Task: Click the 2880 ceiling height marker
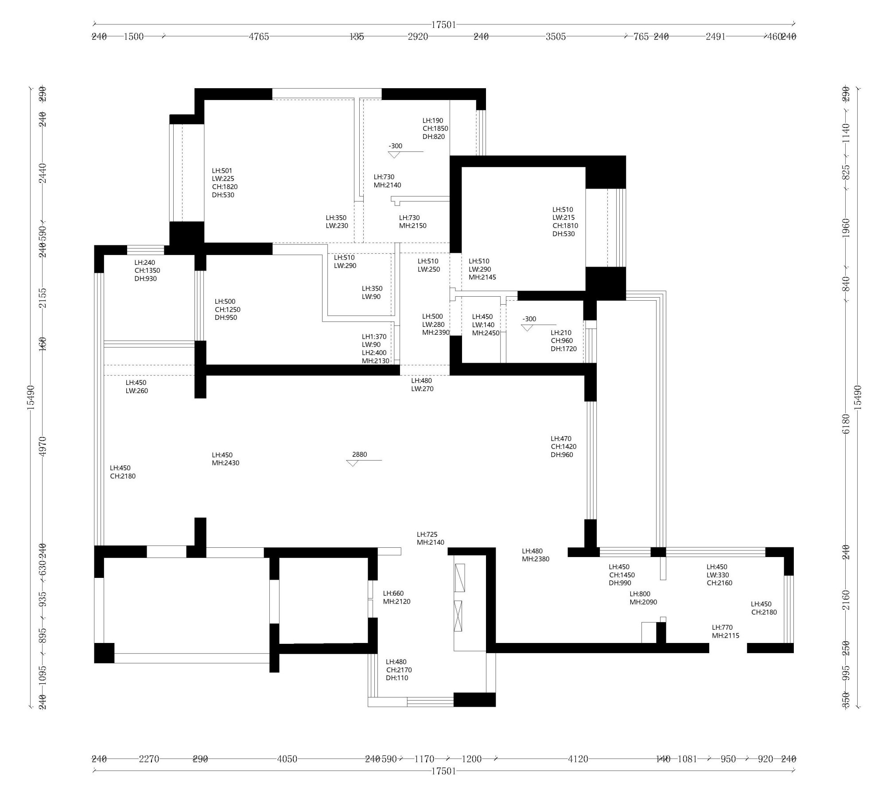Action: click(359, 455)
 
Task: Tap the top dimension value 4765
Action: click(259, 37)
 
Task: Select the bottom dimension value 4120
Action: click(578, 759)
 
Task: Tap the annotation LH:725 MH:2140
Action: click(430, 538)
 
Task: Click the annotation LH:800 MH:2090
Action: click(643, 598)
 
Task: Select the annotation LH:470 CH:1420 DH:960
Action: click(563, 446)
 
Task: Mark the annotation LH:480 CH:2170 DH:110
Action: click(399, 670)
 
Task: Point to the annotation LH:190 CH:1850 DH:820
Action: click(435, 128)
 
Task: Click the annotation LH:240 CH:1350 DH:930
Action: click(147, 271)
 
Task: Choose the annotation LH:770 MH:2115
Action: click(725, 631)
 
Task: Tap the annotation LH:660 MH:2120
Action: click(396, 597)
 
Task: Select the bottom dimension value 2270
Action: click(149, 759)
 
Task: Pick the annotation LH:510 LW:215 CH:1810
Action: click(565, 221)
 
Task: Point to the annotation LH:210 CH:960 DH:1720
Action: click(563, 341)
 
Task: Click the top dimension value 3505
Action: click(556, 37)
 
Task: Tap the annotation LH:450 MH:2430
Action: click(225, 459)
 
